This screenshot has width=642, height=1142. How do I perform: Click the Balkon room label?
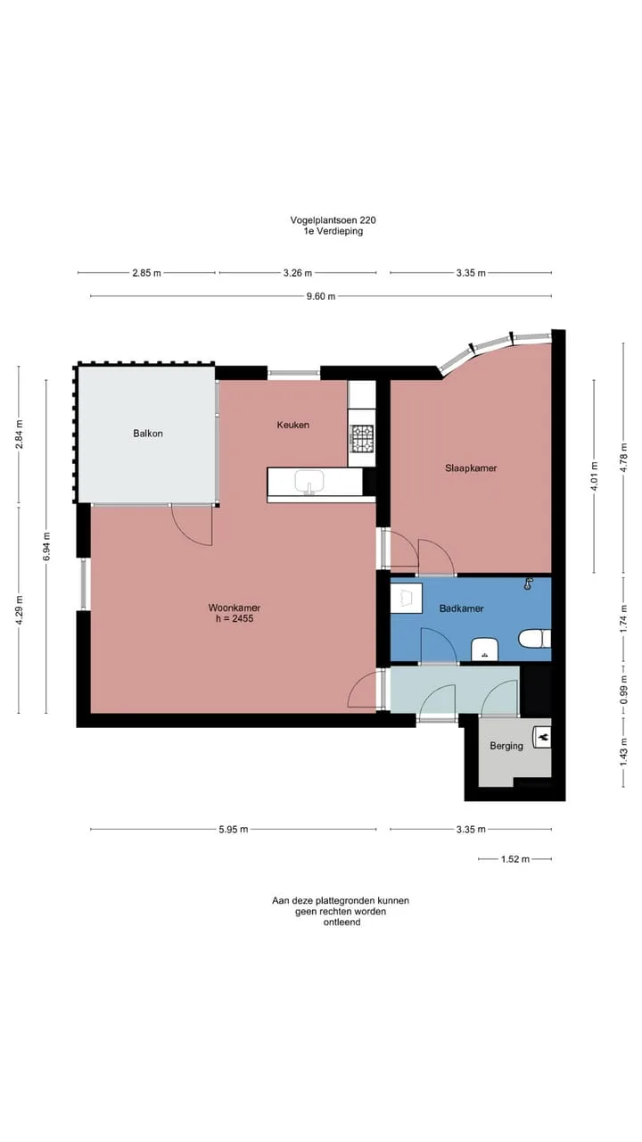coord(148,434)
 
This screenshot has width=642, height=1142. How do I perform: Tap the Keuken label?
coord(293,425)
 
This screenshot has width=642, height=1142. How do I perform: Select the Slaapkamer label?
coord(471,468)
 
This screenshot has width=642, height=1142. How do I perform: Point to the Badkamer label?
coord(461,608)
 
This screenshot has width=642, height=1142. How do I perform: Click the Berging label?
coord(506,746)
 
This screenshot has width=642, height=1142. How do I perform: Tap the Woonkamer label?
coord(235,608)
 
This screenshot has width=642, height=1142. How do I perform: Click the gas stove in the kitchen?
coord(361,438)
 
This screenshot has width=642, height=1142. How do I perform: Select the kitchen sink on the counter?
coord(309,483)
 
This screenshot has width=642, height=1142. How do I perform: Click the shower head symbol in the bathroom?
coord(529,584)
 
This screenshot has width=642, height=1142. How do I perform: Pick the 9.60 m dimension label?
coord(321,296)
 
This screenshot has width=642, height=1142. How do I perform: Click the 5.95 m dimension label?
coord(234,830)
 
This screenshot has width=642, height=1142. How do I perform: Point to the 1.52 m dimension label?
coord(515,859)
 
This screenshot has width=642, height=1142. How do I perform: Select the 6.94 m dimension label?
coord(46,546)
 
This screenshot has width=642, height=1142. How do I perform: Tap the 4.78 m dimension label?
coord(623,458)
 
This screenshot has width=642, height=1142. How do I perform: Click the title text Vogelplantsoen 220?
coord(333,220)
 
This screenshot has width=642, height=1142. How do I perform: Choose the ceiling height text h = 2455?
coord(235,618)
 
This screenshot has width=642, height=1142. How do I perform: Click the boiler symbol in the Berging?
coord(541,737)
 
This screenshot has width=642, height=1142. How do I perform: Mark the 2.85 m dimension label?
coord(147,273)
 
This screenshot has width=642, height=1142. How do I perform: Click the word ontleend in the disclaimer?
coord(342,923)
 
